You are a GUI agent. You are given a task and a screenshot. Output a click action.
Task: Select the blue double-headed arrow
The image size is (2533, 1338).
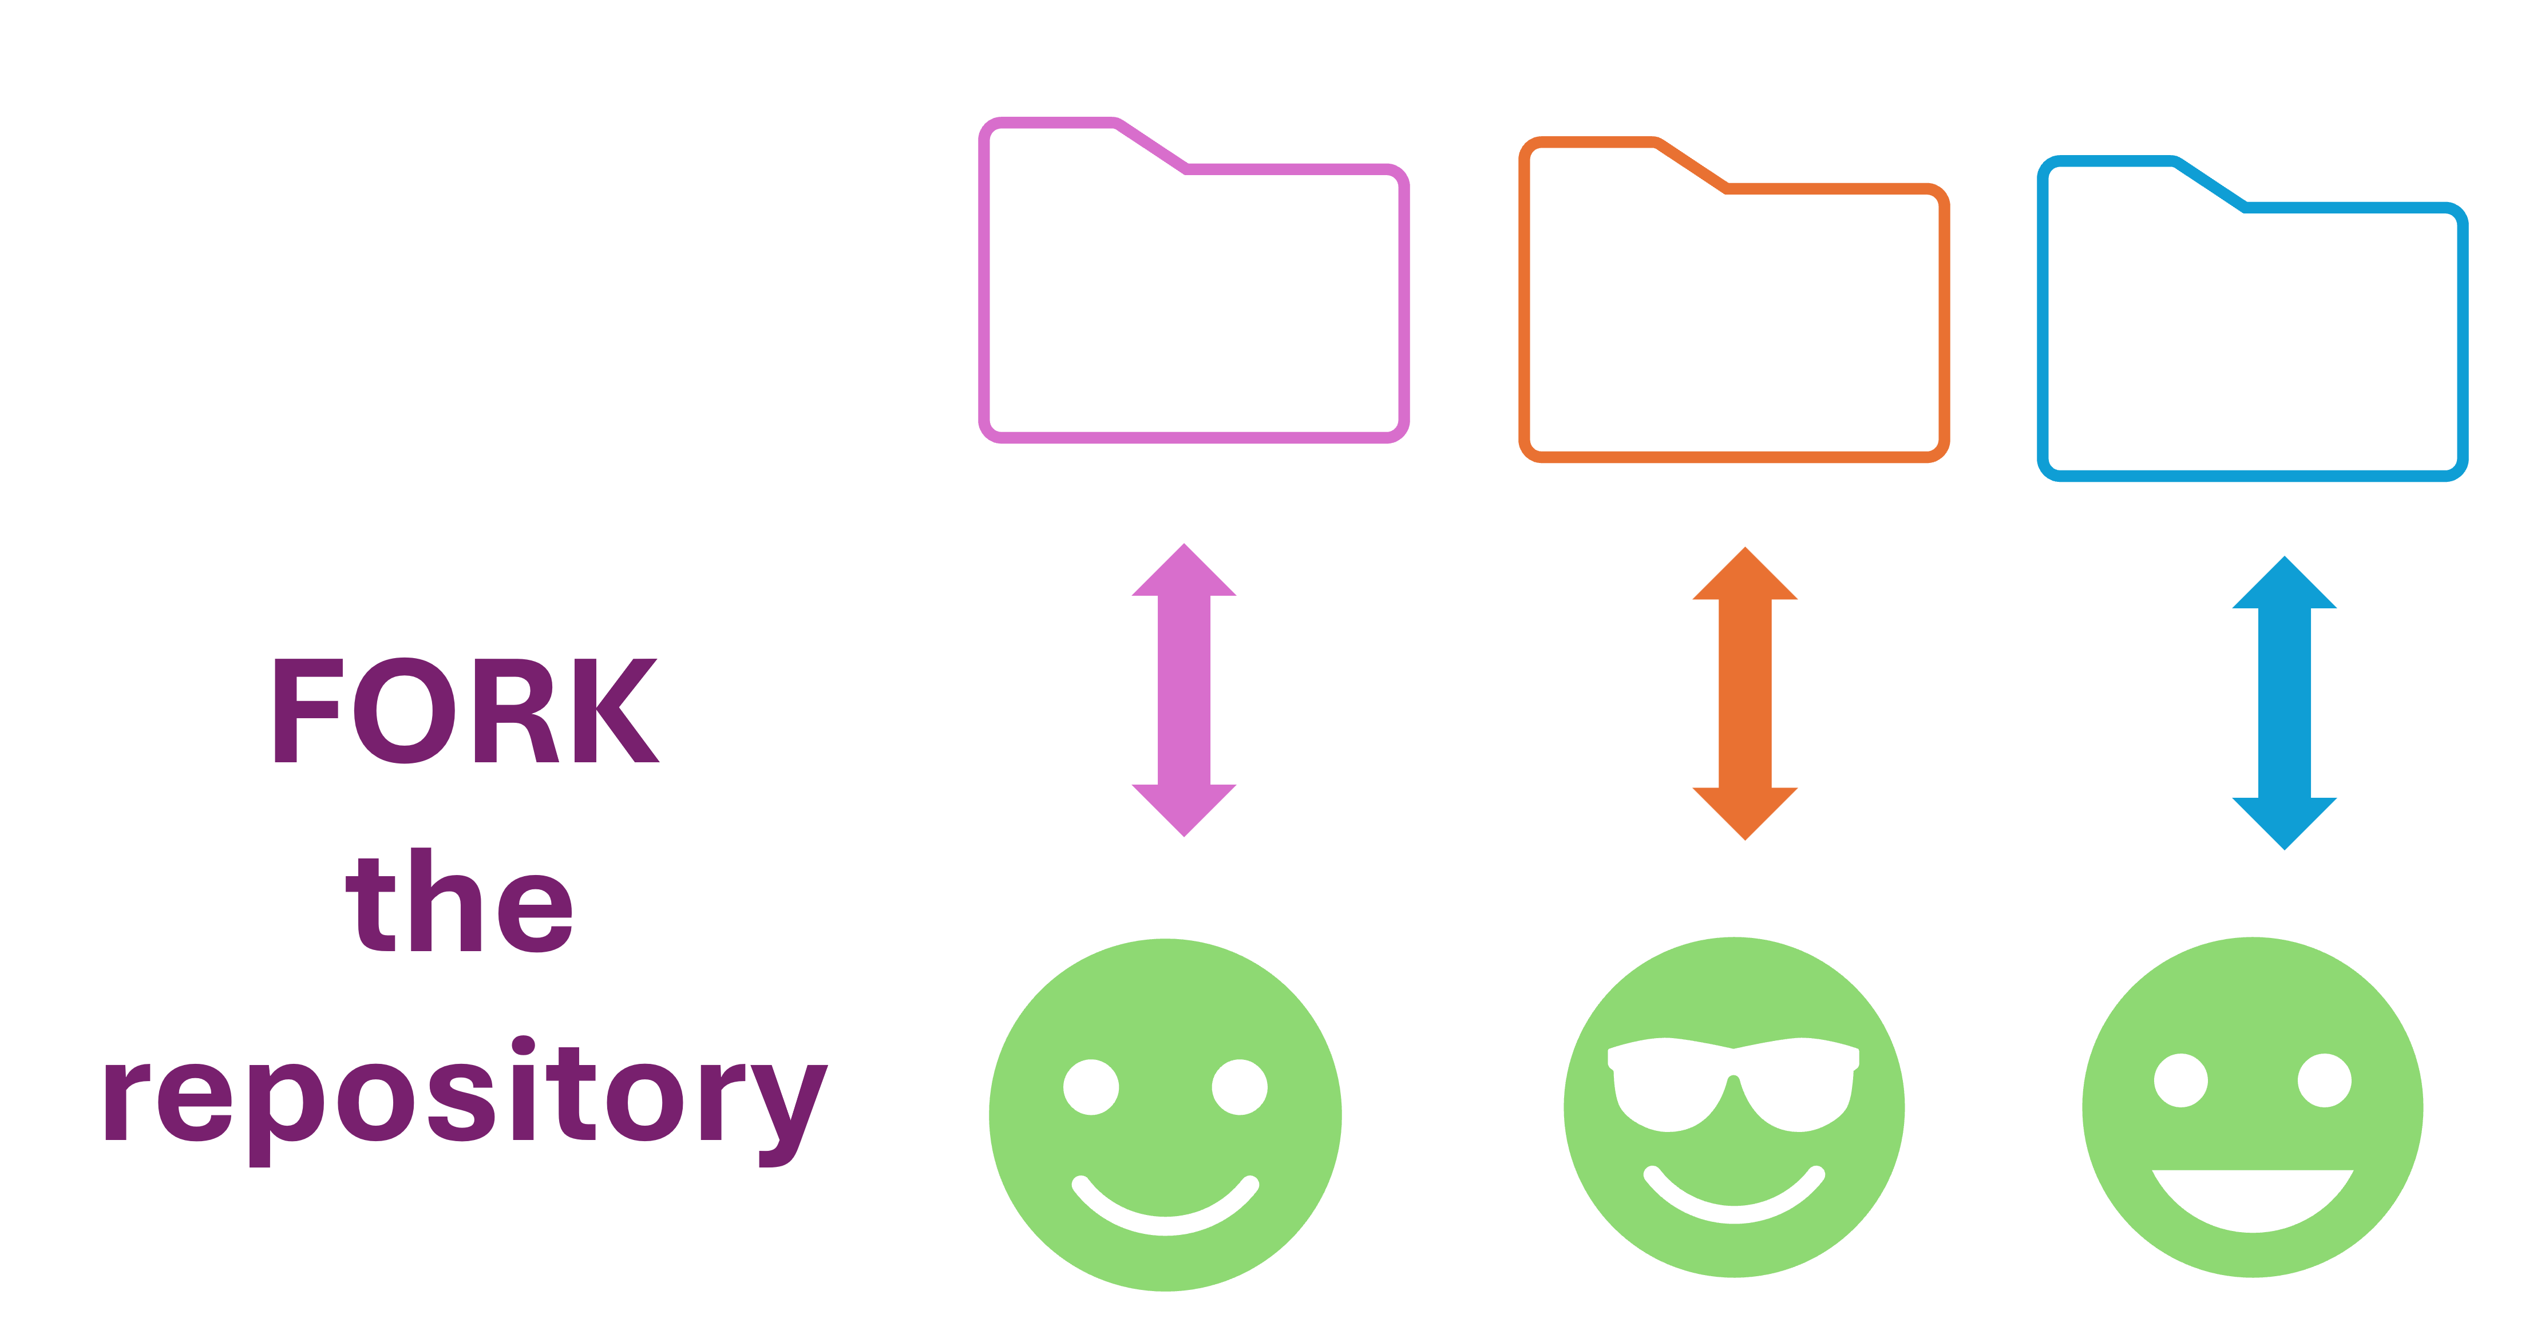(2284, 703)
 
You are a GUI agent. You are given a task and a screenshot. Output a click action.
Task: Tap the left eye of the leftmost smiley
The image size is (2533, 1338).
(1091, 1086)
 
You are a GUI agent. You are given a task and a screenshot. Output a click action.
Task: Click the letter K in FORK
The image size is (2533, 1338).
(615, 711)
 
